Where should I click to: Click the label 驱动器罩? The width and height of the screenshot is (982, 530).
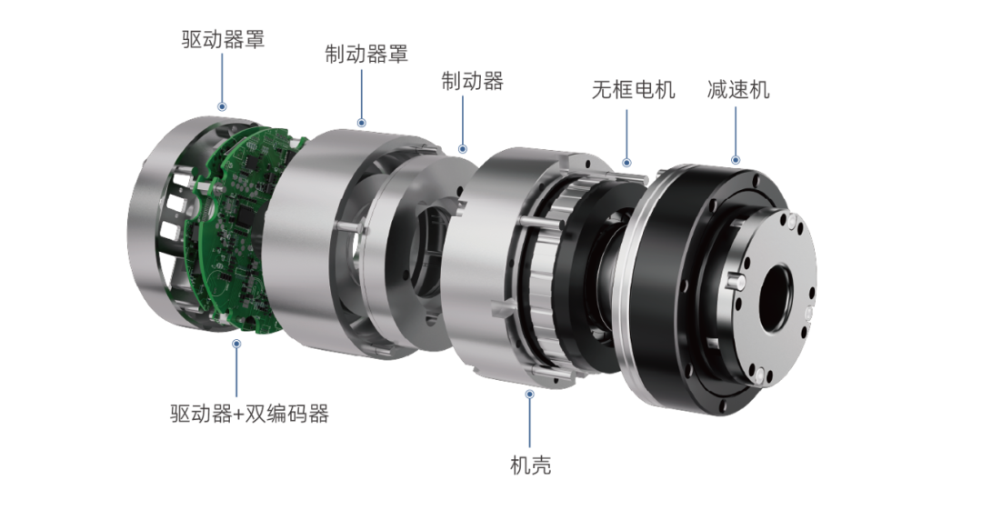[x=223, y=39]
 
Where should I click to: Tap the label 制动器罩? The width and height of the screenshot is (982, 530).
[x=366, y=54]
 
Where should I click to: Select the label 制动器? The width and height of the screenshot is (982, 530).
[x=472, y=82]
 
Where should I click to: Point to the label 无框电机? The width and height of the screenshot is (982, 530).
[x=633, y=90]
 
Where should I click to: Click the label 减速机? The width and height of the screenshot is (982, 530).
[x=738, y=90]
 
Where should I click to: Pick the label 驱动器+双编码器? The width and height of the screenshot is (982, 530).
[x=249, y=414]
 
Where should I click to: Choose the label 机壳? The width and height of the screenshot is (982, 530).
[x=530, y=465]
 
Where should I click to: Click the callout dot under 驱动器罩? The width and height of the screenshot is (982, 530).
[x=222, y=106]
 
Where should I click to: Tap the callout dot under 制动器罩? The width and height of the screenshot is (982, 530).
[x=361, y=123]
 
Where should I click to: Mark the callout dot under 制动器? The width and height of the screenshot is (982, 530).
[x=462, y=149]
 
